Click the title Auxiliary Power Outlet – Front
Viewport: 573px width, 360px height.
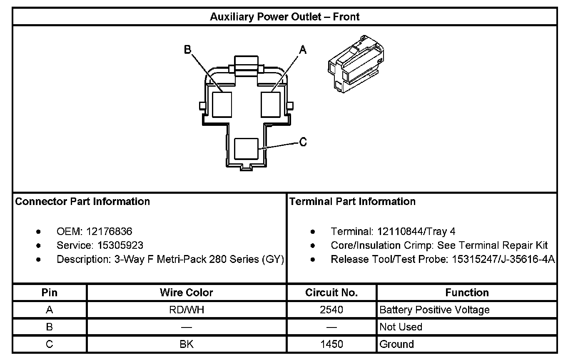click(x=284, y=17)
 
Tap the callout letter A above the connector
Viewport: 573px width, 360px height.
click(x=303, y=50)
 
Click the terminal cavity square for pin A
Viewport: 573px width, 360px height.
click(x=271, y=105)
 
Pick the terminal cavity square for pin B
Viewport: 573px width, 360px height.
click(x=222, y=105)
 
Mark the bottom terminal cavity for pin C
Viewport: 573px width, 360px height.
click(x=246, y=149)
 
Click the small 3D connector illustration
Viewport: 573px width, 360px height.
click(x=356, y=63)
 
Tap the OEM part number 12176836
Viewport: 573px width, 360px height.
click(x=109, y=231)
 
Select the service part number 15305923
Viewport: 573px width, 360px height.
click(x=115, y=245)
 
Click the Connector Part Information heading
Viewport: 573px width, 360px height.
click(x=82, y=202)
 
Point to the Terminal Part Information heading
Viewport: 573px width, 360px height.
click(x=352, y=202)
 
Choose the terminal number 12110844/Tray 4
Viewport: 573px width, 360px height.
click(x=416, y=231)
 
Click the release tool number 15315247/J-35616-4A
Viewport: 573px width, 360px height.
click(x=503, y=259)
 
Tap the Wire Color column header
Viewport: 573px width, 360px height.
click(x=186, y=292)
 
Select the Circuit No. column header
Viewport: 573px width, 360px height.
click(x=331, y=292)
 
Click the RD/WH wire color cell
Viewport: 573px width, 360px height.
click(x=186, y=310)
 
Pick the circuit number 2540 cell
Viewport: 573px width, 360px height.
click(x=331, y=310)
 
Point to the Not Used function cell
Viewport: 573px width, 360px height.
click(x=401, y=327)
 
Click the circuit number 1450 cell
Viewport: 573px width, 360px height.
click(x=331, y=344)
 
